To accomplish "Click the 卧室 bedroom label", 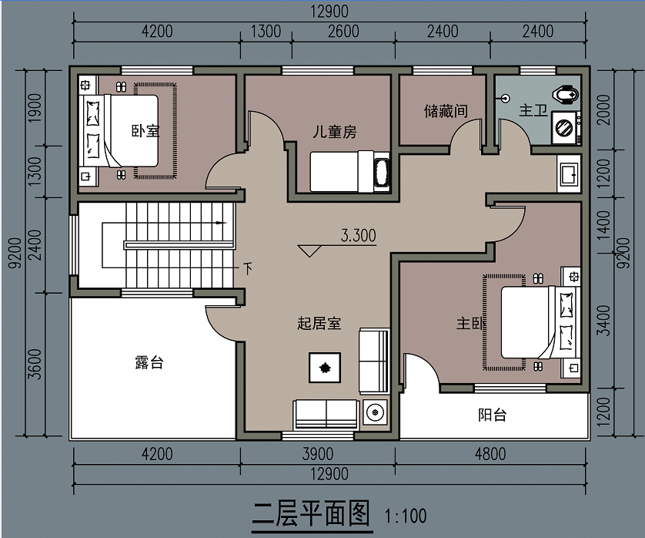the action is [145, 131].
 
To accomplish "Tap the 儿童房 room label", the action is [334, 132].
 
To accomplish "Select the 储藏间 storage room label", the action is [446, 111].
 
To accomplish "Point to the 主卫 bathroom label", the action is [533, 110].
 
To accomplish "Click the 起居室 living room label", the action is [319, 323].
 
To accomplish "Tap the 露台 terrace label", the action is [149, 362].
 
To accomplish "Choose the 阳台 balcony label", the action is [493, 415].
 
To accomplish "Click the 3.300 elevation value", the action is [358, 236].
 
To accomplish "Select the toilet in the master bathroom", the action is [566, 95].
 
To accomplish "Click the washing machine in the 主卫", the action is [566, 127].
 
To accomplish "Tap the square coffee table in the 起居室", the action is [325, 368].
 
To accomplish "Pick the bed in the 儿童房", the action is [349, 171].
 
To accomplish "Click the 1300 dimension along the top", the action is [266, 32].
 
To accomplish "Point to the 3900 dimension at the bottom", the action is [318, 454].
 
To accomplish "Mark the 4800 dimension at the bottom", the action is [490, 454].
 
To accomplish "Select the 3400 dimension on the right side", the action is [603, 320].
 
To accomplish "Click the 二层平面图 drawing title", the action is [312, 513].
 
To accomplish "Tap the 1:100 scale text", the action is [406, 516].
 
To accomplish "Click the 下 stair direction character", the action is [248, 268].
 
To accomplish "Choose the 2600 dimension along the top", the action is [343, 32].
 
